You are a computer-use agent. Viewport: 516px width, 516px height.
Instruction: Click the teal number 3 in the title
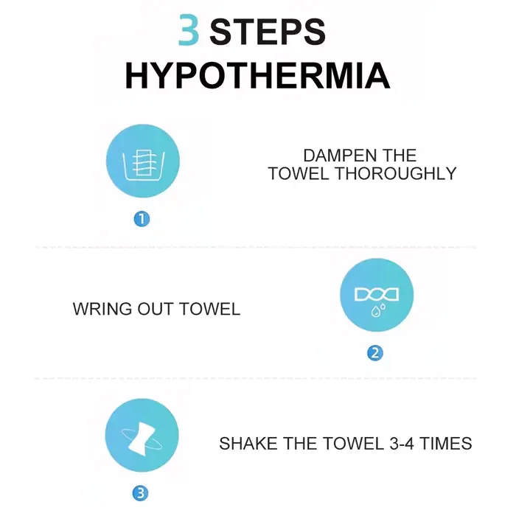coord(189,30)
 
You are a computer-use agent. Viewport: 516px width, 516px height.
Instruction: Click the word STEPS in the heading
coord(268,32)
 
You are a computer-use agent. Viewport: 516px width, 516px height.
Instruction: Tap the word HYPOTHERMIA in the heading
coord(258,75)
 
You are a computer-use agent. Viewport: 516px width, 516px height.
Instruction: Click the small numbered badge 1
coord(142,219)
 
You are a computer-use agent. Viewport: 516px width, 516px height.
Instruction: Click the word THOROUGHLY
coord(396,173)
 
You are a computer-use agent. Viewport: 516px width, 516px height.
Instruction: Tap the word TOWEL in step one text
coord(298,173)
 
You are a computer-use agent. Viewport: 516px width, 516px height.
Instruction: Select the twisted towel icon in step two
coord(377,294)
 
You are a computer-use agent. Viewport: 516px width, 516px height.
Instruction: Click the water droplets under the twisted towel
coord(377,310)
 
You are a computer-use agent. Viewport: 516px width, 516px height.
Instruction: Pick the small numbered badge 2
coord(375,353)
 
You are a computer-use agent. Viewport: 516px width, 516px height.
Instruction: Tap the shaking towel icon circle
coord(142,436)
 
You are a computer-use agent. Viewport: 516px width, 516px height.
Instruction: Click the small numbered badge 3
coord(141,493)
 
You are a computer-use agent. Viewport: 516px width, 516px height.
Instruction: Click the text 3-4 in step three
coord(402,443)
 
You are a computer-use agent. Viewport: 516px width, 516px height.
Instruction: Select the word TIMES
coord(445,443)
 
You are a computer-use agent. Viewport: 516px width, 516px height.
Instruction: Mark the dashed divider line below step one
coord(256,247)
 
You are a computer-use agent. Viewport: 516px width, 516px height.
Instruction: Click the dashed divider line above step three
coord(255,378)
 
